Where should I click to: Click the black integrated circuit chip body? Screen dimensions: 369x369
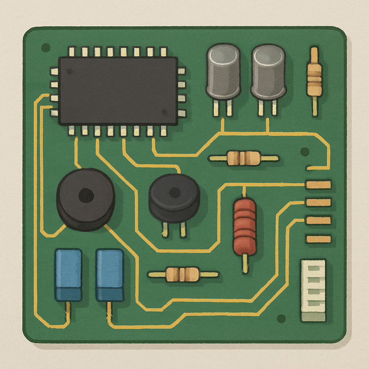(118, 91)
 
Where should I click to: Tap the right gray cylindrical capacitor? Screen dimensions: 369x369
(268, 72)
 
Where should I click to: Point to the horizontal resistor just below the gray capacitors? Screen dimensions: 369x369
(244, 158)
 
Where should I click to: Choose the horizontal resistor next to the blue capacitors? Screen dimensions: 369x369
(183, 274)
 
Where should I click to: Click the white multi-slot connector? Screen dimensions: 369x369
(313, 290)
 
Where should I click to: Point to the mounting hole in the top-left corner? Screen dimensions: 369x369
(46, 47)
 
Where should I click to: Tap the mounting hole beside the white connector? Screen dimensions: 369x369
(281, 319)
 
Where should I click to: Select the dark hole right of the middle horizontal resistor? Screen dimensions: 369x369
(305, 151)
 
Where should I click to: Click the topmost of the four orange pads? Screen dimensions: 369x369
(318, 185)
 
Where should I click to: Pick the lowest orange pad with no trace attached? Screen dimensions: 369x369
(318, 239)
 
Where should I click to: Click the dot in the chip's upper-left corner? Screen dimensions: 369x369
(69, 71)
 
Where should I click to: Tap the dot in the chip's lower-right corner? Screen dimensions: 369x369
(164, 112)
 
